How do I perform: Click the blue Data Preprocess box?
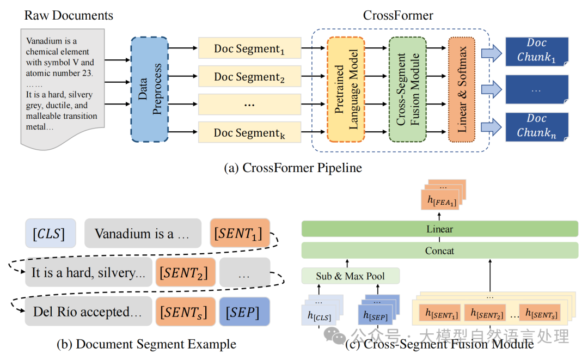pyautogui.click(x=149, y=89)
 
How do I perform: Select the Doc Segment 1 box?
pyautogui.click(x=249, y=48)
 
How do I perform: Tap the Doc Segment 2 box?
pyautogui.click(x=249, y=76)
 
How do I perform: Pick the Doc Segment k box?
pyautogui.click(x=249, y=132)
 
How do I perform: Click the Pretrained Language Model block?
pyautogui.click(x=346, y=89)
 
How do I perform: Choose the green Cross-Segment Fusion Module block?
pyautogui.click(x=408, y=89)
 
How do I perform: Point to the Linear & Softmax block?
pyautogui.click(x=462, y=89)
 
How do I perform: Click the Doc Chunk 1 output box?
pyautogui.click(x=537, y=51)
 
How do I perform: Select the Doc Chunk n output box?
pyautogui.click(x=537, y=127)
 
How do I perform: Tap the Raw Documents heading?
pyautogui.click(x=69, y=15)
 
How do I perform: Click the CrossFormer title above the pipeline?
pyautogui.click(x=398, y=15)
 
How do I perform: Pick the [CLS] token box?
pyautogui.click(x=51, y=233)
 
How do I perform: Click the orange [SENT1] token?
pyautogui.click(x=240, y=233)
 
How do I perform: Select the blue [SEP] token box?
pyautogui.click(x=244, y=312)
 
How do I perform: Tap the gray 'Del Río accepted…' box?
pyautogui.click(x=89, y=312)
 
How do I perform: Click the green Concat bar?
pyautogui.click(x=439, y=251)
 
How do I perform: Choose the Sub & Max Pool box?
pyautogui.click(x=350, y=276)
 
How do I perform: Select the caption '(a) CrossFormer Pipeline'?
pyautogui.click(x=293, y=168)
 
